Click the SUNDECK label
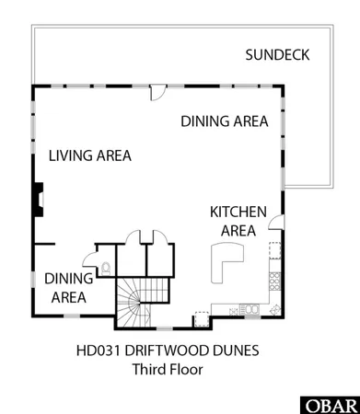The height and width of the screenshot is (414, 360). (276, 56)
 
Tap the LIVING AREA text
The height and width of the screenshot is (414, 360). (89, 155)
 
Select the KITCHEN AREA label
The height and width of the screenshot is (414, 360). (238, 221)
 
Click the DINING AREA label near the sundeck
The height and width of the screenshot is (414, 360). (224, 121)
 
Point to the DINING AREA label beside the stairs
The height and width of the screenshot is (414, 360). (68, 287)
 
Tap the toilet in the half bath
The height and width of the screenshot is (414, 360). (107, 269)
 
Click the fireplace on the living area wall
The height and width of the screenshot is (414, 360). (40, 196)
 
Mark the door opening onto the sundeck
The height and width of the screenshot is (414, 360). (157, 92)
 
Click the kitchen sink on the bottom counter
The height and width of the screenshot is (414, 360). (247, 308)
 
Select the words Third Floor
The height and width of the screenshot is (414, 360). (168, 370)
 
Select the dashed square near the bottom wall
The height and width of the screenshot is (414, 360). (199, 319)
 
